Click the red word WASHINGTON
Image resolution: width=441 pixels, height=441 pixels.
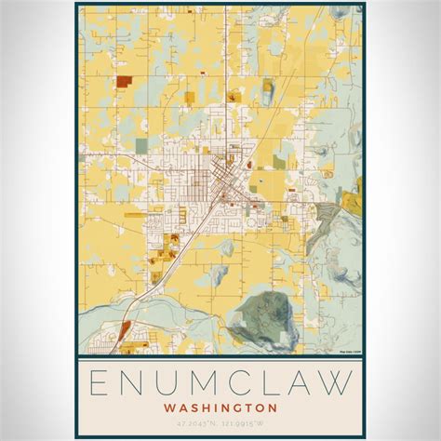(x=220, y=407)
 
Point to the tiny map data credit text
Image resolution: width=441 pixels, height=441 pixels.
(x=348, y=351)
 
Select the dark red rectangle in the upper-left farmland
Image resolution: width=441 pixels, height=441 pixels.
(x=124, y=82)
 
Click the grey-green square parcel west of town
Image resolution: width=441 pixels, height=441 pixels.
(x=140, y=145)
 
